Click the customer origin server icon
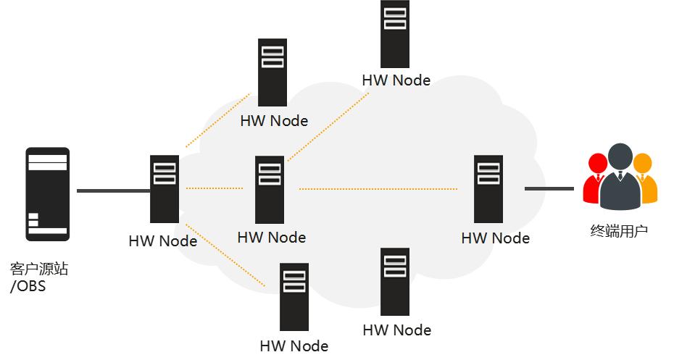48,194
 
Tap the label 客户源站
39,269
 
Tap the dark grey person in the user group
620,175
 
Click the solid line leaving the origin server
113,191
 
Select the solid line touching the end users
549,189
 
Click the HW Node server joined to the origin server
165,189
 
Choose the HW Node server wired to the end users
488,188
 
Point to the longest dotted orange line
378,189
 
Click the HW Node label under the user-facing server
496,238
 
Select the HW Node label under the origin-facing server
163,241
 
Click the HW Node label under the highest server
396,80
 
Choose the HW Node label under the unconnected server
397,330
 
